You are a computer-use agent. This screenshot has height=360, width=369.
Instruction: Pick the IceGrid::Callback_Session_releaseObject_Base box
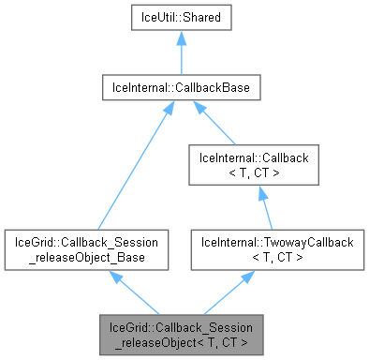[x=87, y=249]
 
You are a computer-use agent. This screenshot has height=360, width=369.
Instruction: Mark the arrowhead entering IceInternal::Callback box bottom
[x=248, y=189]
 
